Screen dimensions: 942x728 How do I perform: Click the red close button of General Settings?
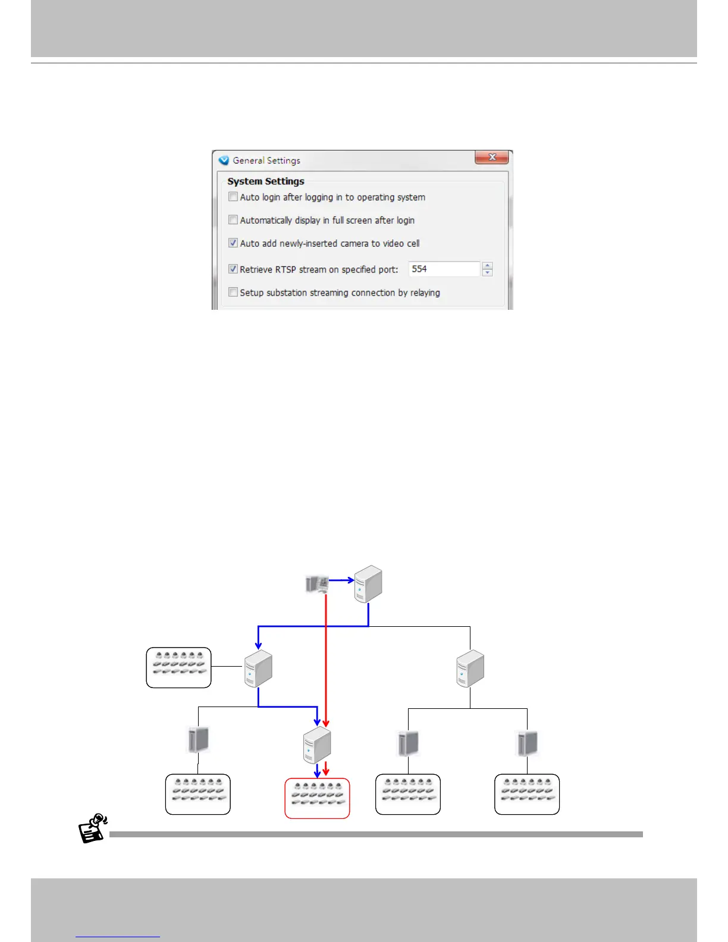491,157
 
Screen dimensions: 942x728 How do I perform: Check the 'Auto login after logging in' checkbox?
233,197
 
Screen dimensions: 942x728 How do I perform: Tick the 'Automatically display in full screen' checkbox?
233,220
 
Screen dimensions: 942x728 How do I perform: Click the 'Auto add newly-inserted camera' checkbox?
233,243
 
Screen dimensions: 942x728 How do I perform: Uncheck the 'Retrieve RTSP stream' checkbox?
233,269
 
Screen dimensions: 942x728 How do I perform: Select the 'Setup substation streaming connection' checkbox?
233,292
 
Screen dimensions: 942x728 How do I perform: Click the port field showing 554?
444,269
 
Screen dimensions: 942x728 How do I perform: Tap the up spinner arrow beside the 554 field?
488,265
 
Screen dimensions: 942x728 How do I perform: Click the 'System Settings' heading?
266,181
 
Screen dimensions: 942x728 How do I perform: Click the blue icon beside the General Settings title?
224,161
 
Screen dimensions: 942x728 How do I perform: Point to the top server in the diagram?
368,584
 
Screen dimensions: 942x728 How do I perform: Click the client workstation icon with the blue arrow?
316,584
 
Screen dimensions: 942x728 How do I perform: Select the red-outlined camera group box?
317,798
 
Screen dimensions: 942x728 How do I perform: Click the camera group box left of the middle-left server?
178,667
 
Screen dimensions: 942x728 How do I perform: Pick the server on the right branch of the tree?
470,668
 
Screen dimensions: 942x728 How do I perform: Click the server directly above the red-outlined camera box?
316,745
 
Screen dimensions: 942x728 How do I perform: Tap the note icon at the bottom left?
93,828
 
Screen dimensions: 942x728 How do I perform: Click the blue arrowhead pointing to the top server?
351,580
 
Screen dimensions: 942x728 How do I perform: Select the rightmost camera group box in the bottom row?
527,794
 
